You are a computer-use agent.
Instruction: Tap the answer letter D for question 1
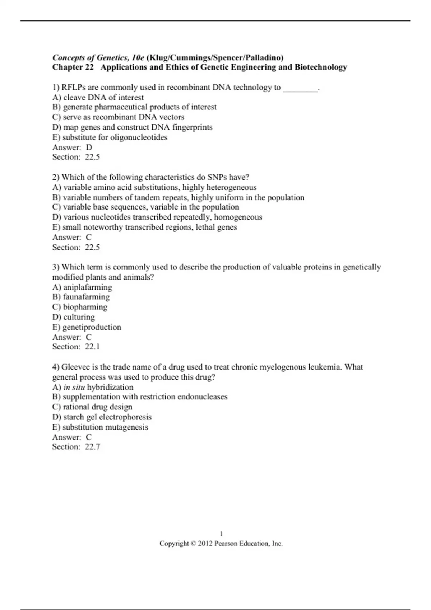[89, 147]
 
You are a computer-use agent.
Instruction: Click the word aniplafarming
[88, 287]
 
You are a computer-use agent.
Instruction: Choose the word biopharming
[85, 307]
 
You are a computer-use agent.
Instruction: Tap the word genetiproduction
[92, 327]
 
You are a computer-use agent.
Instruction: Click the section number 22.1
[92, 347]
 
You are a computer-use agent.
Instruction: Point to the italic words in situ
[74, 387]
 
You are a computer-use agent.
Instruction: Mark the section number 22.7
[93, 447]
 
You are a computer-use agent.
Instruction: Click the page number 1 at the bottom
[221, 534]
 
